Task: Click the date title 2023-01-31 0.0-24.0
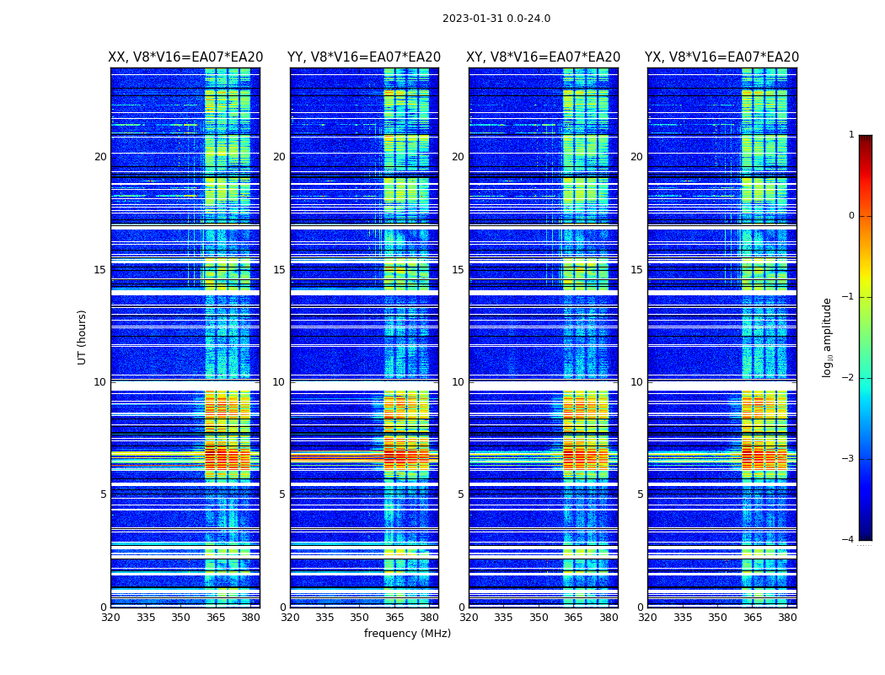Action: (x=496, y=19)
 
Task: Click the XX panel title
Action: (x=185, y=57)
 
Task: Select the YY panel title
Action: (x=364, y=57)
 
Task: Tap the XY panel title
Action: (x=544, y=57)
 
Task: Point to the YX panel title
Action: (x=721, y=57)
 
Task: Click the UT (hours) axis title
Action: (x=82, y=337)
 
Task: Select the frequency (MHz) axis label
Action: (x=407, y=634)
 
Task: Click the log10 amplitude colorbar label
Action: (x=828, y=337)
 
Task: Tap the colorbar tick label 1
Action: (x=851, y=135)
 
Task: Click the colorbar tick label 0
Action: (x=851, y=216)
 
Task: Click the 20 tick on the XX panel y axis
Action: (x=100, y=157)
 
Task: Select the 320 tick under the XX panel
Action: (x=110, y=618)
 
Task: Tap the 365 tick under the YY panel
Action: (x=394, y=618)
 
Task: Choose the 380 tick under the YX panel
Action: (x=787, y=618)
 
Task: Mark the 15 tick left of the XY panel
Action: (x=458, y=270)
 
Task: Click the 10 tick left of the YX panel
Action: (x=636, y=382)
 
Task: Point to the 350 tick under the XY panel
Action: (x=539, y=618)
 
